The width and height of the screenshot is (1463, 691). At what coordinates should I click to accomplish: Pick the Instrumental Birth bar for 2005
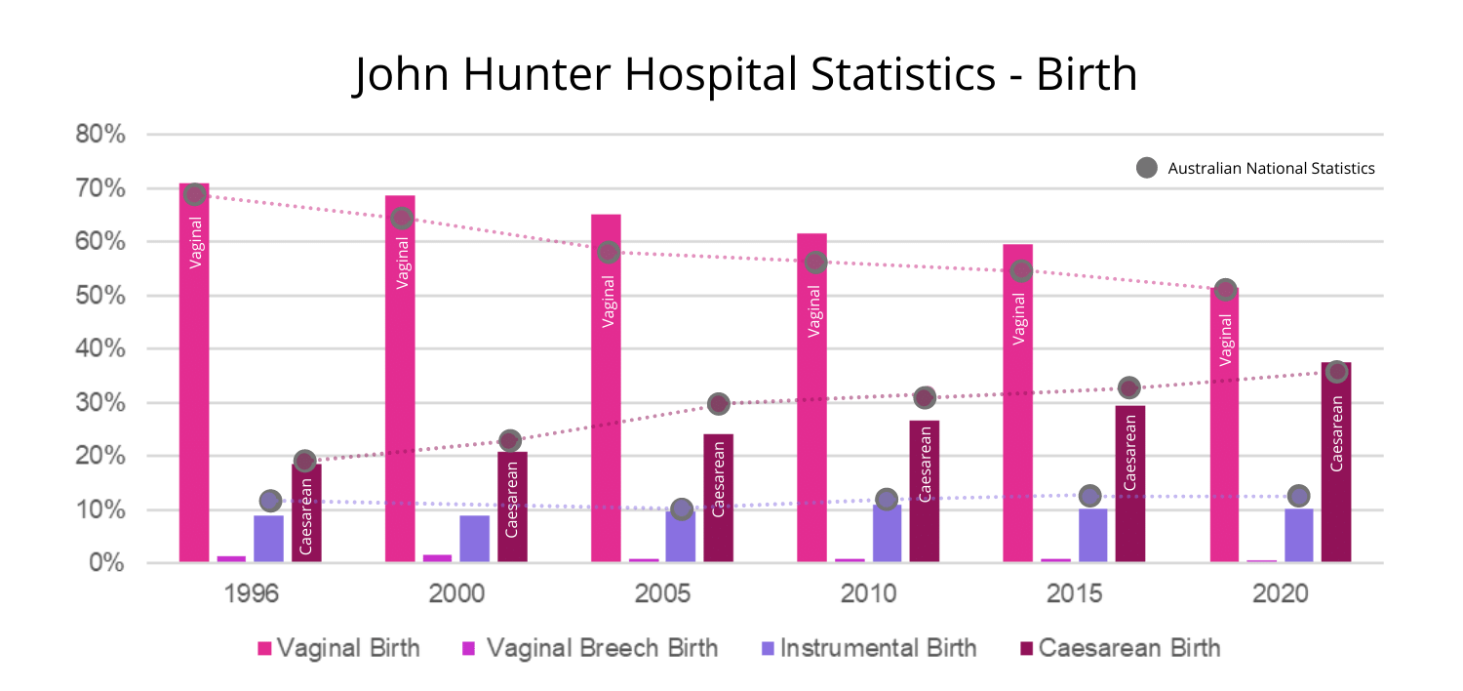click(x=681, y=536)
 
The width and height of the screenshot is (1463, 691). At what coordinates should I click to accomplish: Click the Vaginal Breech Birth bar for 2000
click(x=437, y=558)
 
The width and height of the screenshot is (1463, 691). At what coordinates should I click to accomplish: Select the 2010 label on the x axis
click(x=868, y=595)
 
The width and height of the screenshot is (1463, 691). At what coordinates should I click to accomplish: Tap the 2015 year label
click(x=1074, y=595)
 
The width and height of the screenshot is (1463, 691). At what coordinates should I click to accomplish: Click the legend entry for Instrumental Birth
click(x=868, y=648)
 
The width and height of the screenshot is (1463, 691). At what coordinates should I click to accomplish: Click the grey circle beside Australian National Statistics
click(x=1148, y=168)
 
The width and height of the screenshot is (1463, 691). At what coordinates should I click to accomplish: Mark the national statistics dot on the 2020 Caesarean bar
click(x=1336, y=371)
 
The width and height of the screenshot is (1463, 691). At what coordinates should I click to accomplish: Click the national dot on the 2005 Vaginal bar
click(x=607, y=252)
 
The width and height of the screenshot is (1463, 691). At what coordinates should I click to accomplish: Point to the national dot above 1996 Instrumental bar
click(x=270, y=501)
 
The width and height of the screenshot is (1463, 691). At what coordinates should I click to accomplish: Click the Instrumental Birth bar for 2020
click(x=1298, y=535)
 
